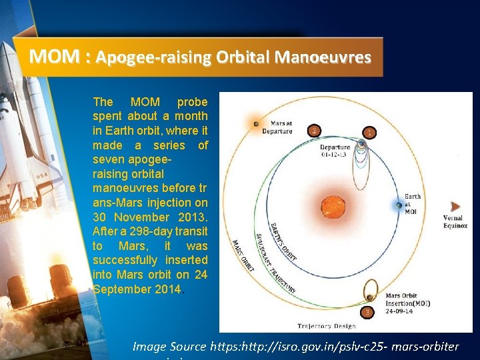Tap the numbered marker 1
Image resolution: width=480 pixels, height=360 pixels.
click(368, 133)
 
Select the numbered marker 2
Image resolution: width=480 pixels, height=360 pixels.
click(314, 130)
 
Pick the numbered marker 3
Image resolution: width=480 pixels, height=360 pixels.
click(366, 311)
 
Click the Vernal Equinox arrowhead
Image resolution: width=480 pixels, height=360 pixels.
click(455, 207)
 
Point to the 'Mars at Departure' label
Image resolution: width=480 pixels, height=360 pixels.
click(281, 127)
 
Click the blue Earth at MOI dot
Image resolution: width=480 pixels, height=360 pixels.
click(399, 205)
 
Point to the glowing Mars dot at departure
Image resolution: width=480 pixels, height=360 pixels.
click(255, 123)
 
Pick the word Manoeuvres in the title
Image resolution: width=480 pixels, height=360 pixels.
click(328, 57)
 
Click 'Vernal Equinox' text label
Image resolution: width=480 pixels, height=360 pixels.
click(455, 222)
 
